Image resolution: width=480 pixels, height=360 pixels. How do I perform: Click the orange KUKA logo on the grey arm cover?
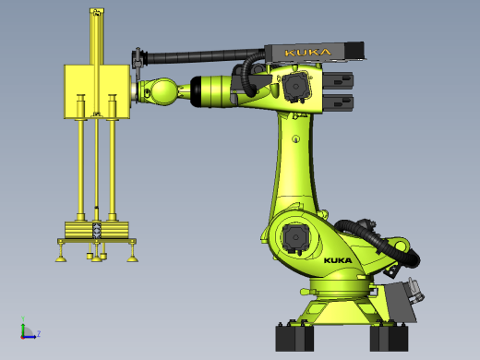[307, 53]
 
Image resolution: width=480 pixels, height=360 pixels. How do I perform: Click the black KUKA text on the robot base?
[338, 260]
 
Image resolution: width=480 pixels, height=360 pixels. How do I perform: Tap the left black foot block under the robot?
[294, 338]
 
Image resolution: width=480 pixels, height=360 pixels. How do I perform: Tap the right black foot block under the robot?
[389, 338]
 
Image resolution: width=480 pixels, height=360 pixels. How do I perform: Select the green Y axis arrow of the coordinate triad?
[23, 328]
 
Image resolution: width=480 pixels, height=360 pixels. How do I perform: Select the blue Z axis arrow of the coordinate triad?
[30, 337]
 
